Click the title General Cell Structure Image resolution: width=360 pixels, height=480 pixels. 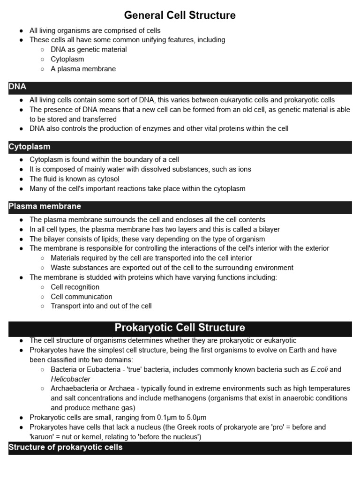point(180,15)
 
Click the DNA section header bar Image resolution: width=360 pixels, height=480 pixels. point(180,87)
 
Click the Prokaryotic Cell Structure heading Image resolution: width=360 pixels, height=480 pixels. point(180,327)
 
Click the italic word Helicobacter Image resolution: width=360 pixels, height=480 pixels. point(71,379)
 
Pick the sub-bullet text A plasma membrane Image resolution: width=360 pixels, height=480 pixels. point(83,69)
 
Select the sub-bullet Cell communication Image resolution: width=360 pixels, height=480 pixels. point(82,297)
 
